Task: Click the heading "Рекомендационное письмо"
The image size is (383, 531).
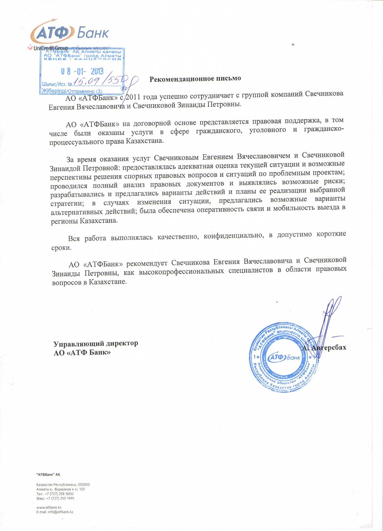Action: [x=195, y=79]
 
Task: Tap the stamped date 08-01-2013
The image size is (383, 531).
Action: [x=82, y=71]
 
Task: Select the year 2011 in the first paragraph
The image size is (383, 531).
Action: [x=133, y=97]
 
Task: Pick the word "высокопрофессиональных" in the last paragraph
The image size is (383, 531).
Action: [x=181, y=271]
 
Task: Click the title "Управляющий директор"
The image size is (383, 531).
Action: [x=96, y=344]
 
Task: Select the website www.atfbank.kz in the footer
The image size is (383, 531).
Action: [x=49, y=507]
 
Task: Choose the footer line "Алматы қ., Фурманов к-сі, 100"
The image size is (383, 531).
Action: [x=61, y=489]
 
